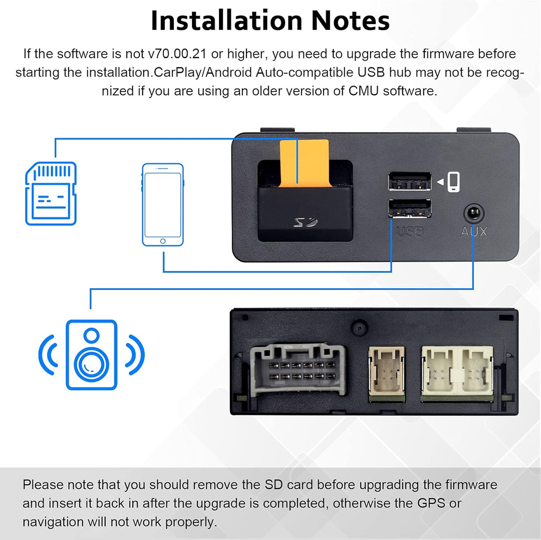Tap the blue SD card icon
[51, 193]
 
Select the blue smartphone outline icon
[162, 204]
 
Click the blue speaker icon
[92, 355]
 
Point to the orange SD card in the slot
[304, 163]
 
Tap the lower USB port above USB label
[409, 209]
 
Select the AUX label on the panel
[473, 231]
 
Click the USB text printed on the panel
[410, 231]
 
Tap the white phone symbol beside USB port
[453, 182]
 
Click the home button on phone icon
[162, 241]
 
